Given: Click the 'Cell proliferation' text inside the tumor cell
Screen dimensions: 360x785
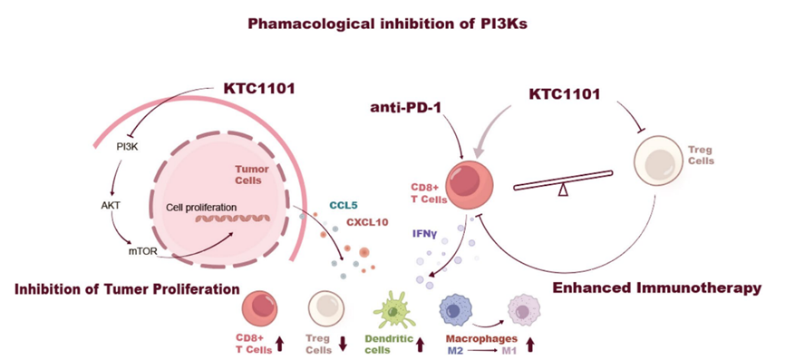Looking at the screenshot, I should point(200,207).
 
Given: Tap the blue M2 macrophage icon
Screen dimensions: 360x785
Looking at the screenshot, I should point(455,310).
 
